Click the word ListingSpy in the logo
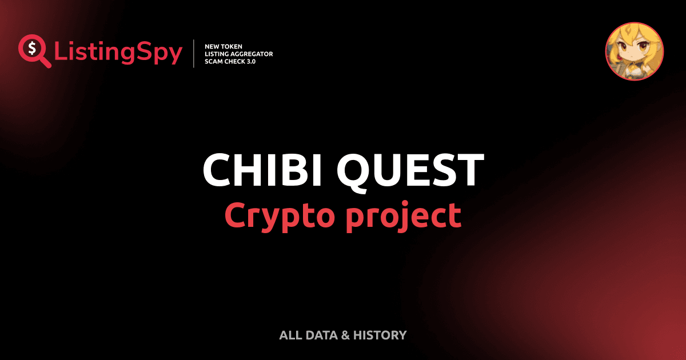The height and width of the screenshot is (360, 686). [118, 53]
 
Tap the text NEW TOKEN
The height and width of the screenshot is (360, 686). [220, 46]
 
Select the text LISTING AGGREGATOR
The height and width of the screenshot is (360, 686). [238, 54]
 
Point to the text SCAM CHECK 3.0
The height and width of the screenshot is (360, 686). [230, 62]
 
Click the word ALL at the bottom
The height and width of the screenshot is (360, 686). [289, 335]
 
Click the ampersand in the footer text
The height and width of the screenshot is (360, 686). [345, 335]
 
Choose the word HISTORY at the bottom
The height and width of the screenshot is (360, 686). [380, 335]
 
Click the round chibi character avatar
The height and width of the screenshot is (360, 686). [635, 51]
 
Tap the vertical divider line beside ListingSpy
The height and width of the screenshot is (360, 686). [195, 54]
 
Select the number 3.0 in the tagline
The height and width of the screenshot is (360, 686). [250, 62]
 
